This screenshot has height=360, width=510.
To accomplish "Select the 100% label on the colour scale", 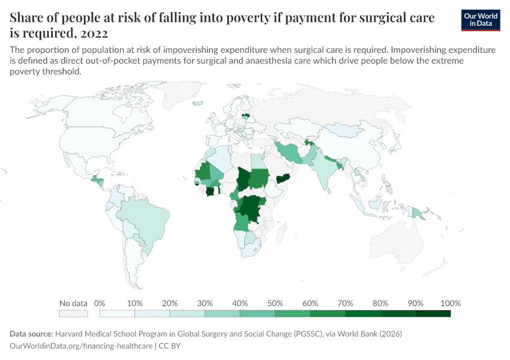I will point(450,303).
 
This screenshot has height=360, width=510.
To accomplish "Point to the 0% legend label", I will point(100,303).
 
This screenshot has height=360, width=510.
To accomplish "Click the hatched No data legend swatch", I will point(73,313).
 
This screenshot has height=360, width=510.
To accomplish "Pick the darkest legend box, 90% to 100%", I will point(433,313).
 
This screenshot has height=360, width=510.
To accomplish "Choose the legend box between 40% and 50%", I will point(257,313).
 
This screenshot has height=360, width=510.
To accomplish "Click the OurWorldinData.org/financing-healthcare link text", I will point(81,346).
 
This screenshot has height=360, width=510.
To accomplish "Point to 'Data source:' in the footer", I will point(31,334).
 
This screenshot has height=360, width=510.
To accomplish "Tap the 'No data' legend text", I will point(73,303).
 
